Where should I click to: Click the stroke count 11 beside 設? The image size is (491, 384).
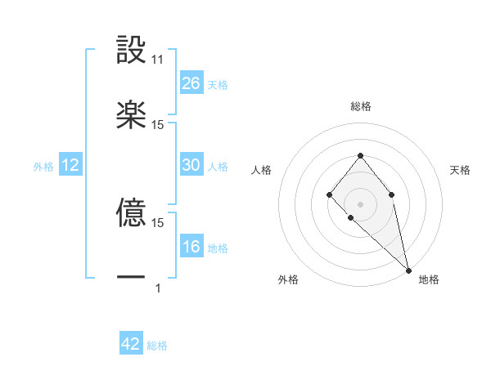(158, 60)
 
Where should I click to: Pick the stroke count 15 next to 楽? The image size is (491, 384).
(158, 124)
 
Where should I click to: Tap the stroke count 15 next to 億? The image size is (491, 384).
(158, 222)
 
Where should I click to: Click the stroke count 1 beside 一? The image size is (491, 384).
(158, 288)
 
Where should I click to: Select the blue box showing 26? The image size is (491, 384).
(191, 83)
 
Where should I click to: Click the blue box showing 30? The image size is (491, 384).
(191, 165)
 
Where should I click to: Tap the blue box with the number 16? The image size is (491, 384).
(191, 247)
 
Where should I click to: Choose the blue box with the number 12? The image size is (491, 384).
(70, 165)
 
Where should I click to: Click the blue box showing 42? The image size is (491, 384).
(131, 344)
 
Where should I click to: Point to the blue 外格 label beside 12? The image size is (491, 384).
(43, 167)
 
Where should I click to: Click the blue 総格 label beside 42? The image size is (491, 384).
(157, 346)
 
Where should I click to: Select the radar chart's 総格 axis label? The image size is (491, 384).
(360, 106)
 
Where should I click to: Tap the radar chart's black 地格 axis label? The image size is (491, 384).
(429, 279)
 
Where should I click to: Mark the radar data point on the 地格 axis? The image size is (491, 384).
(408, 270)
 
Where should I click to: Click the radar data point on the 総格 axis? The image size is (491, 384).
(360, 155)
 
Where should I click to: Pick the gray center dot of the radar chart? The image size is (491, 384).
(360, 203)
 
